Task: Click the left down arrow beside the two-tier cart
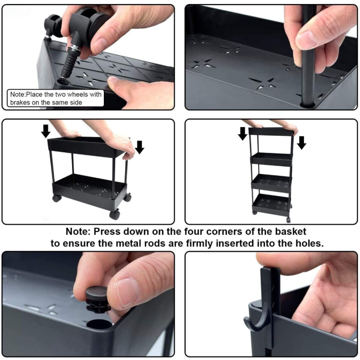[46, 131]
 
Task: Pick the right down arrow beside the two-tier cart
[139, 147]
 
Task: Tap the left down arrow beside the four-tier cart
[243, 134]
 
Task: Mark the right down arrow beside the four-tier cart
[301, 142]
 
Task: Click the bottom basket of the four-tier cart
[271, 202]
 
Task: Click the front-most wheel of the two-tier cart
[115, 214]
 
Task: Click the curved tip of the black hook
[248, 325]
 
